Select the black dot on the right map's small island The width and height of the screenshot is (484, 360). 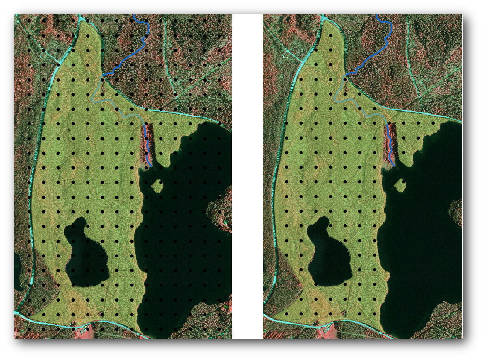point(404,182)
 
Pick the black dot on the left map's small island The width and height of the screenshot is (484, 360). point(161,182)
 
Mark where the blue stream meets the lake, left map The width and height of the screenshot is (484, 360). point(151,166)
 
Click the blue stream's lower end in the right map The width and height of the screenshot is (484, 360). point(394,165)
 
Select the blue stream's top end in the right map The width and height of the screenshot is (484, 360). point(377,15)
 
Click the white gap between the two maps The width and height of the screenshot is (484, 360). point(247,176)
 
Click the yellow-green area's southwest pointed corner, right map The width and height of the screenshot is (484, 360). point(274,318)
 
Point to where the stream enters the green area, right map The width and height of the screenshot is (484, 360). point(346,75)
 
